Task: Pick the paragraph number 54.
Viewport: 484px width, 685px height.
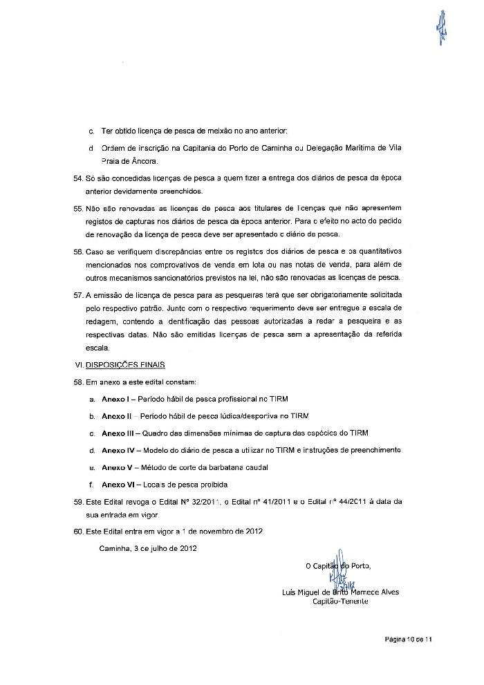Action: (x=77, y=178)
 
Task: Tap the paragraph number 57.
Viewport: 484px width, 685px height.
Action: (x=77, y=294)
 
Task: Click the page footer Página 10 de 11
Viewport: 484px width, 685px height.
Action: (x=409, y=640)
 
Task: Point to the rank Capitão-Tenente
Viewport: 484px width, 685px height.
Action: (x=341, y=601)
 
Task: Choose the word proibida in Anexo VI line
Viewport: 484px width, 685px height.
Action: (x=213, y=484)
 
